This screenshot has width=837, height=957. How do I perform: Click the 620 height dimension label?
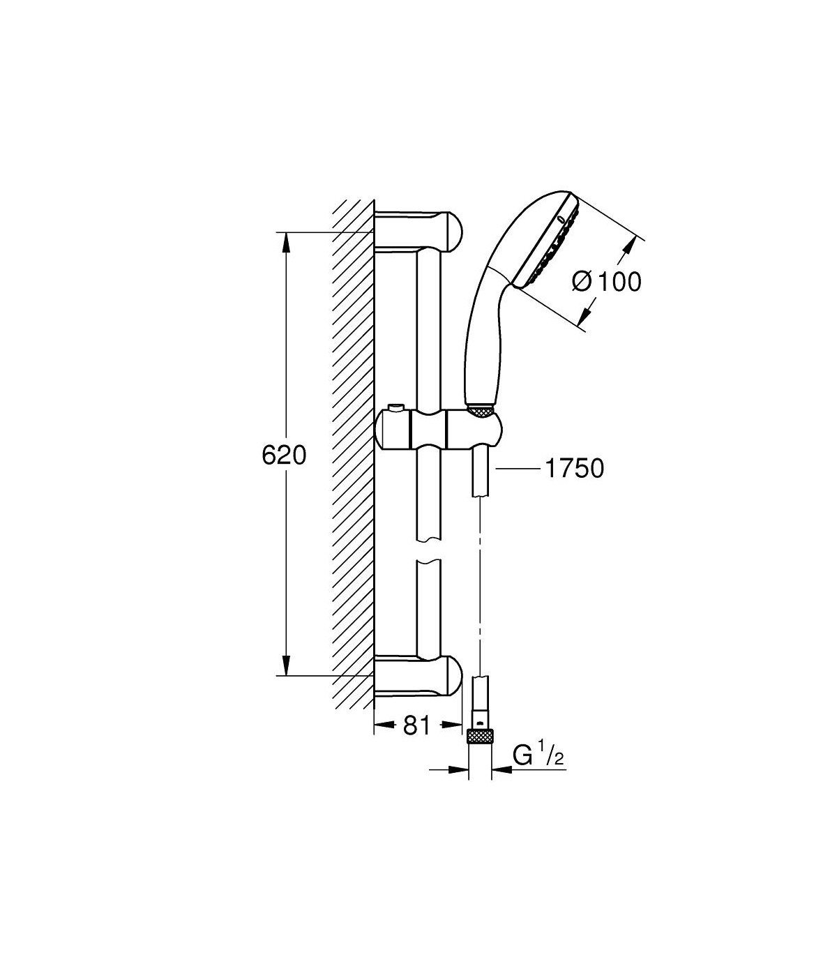(x=284, y=455)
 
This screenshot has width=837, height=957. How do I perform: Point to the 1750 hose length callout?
(x=575, y=468)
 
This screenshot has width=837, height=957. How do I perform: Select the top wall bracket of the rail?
(x=418, y=232)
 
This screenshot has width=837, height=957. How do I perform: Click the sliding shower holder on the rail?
(x=439, y=427)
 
